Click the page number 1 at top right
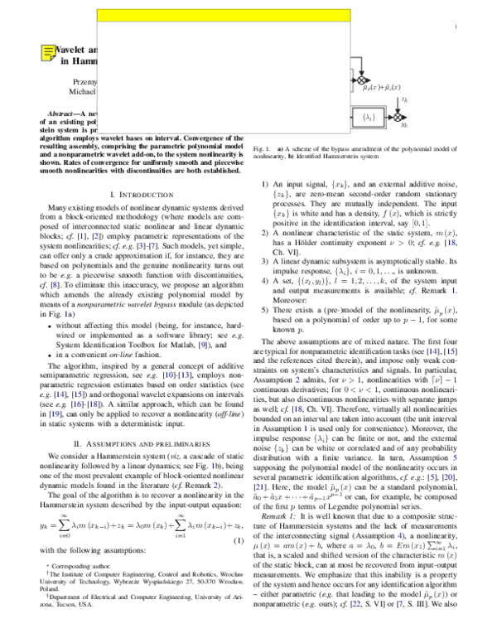coord(456,28)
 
